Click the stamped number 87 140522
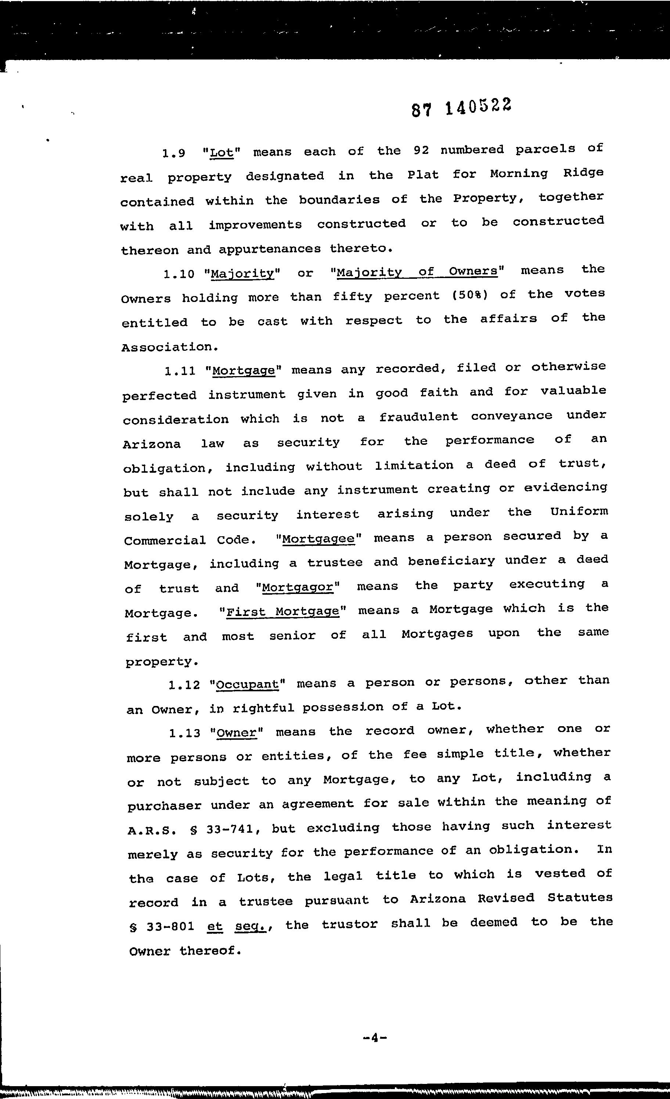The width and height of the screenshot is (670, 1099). (461, 108)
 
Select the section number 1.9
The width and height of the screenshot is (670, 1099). (173, 154)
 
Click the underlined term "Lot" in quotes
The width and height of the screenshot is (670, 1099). (222, 153)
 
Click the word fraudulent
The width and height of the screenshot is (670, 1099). (418, 417)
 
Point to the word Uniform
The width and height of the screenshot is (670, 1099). (579, 512)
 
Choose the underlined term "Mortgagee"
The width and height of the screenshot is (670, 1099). (318, 539)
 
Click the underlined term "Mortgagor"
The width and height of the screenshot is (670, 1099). (298, 587)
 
